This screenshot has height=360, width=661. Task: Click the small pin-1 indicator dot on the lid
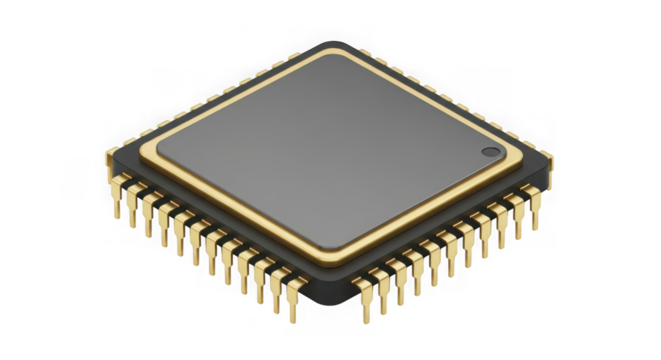pyautogui.click(x=490, y=152)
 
